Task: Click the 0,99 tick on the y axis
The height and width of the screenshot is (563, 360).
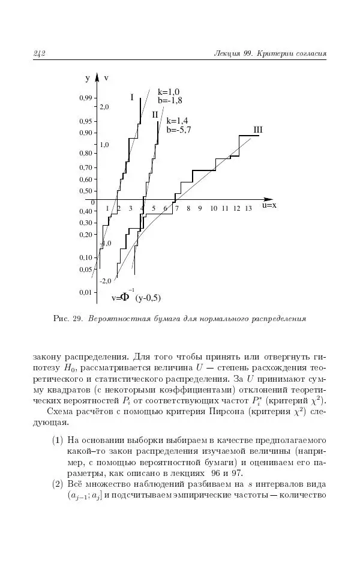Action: pos(86,98)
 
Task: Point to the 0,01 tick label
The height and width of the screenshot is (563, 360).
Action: pos(86,292)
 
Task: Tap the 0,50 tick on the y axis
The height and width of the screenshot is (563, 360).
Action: pos(86,191)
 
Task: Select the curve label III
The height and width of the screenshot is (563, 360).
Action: pos(258,129)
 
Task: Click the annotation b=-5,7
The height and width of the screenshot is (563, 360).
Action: pos(179,129)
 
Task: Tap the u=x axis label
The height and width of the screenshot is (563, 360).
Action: pos(268,205)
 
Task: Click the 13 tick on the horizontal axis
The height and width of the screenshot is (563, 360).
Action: pos(248,208)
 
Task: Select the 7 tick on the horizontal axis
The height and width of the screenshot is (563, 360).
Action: pos(176,208)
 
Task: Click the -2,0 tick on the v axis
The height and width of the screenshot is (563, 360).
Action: pos(106,280)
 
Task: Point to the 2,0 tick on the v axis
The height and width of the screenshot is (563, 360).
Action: pos(104,106)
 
